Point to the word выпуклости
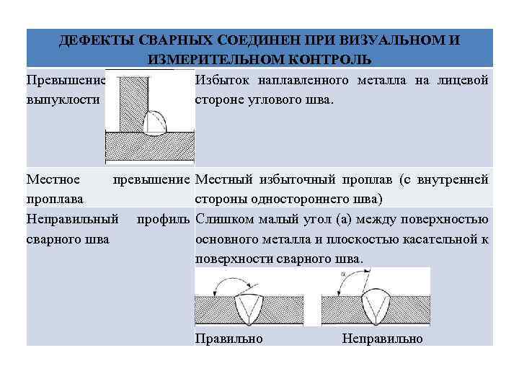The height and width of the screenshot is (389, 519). click(x=62, y=99)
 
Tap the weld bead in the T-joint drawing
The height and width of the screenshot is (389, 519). click(x=157, y=124)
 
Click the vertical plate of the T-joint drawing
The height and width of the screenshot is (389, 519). click(x=131, y=101)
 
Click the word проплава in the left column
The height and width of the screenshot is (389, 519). click(x=54, y=198)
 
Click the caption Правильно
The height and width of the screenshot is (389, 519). click(x=229, y=339)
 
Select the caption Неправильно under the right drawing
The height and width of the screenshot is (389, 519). click(x=382, y=339)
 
